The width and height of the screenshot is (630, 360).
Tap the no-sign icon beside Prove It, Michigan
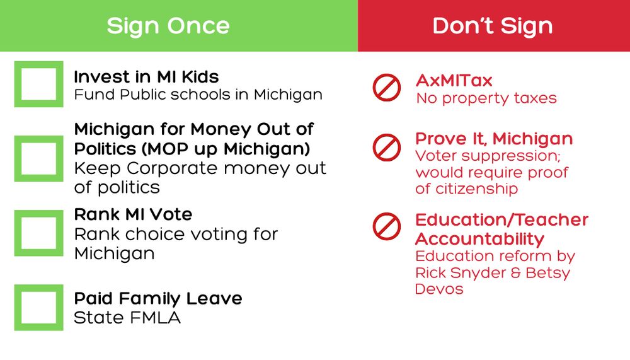(387, 136)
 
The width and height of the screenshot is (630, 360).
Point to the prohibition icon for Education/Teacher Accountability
(387, 215)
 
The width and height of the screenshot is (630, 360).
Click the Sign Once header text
(168, 26)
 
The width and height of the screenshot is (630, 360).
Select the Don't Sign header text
(493, 26)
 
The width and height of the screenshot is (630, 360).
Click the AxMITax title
(454, 81)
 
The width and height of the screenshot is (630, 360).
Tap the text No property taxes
(486, 98)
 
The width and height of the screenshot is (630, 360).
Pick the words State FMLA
(127, 318)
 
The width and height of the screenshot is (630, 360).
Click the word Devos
(439, 289)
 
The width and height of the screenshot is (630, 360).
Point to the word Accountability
(479, 239)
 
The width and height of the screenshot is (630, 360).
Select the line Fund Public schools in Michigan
(198, 95)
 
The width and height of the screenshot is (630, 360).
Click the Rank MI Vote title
(133, 214)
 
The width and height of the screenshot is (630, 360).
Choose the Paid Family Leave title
(158, 299)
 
